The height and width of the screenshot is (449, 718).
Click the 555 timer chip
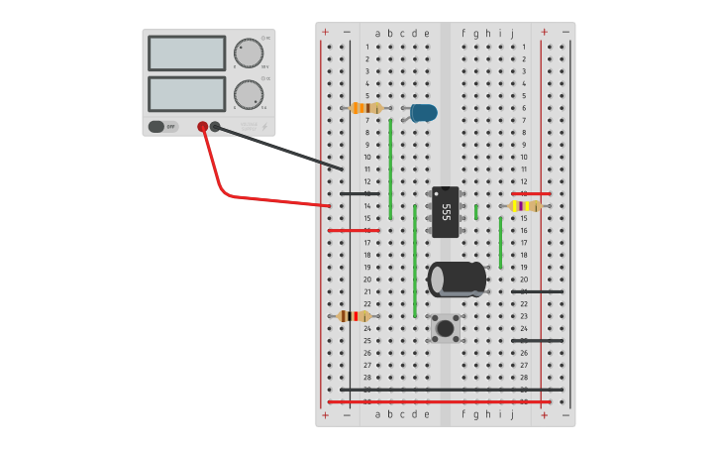point(446,212)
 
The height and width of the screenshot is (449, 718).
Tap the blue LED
point(424,112)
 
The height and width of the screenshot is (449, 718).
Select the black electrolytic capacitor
point(457,280)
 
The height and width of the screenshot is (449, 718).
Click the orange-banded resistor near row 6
point(365,108)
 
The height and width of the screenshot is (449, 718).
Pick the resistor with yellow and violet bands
point(523,206)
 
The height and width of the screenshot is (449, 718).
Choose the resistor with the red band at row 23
point(353,316)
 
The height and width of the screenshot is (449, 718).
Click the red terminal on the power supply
point(203,127)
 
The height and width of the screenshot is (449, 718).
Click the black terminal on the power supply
point(215,127)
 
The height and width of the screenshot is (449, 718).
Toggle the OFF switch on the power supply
point(157,127)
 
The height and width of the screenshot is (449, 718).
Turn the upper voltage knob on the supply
point(249,54)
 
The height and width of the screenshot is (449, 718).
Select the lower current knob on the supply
point(249,94)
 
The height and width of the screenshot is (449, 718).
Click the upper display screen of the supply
point(187,54)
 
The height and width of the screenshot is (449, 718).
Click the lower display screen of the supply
point(187,94)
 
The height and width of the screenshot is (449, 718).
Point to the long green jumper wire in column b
point(390,168)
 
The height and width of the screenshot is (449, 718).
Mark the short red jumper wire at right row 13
point(531,193)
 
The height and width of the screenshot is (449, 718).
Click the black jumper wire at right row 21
point(538,291)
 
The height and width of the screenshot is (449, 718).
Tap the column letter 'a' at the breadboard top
point(377,33)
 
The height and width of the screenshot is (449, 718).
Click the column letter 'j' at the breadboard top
point(512,33)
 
